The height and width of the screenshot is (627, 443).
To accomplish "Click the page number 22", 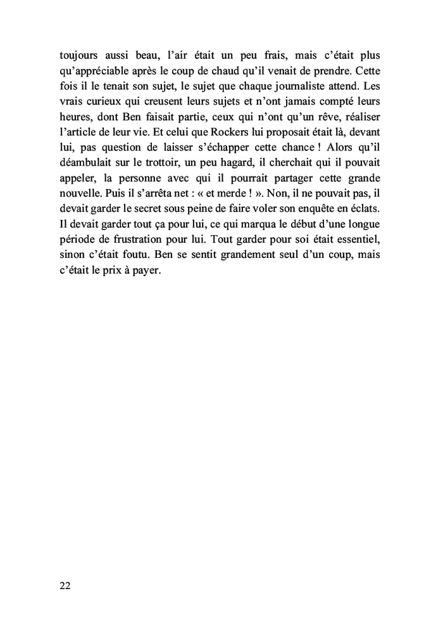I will pyautogui.click(x=65, y=585).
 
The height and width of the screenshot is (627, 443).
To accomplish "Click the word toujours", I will pyautogui.click(x=76, y=55).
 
